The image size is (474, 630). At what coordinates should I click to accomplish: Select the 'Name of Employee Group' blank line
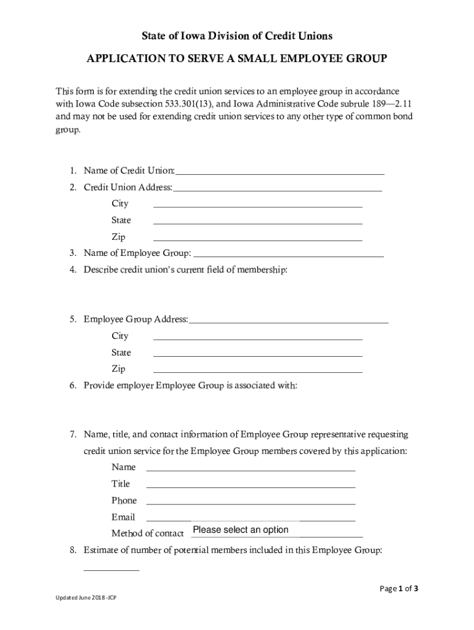[x=289, y=252]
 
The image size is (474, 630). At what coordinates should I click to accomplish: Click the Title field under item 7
[x=251, y=484]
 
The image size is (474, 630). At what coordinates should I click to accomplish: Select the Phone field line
[x=251, y=501]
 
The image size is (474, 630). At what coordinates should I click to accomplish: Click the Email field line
[x=251, y=517]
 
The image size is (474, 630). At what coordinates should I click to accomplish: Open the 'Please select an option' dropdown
[x=241, y=530]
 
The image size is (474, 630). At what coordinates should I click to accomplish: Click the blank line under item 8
[x=111, y=567]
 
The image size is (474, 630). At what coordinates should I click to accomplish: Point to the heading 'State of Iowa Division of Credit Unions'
[x=237, y=36]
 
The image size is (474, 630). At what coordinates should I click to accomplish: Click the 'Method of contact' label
[x=147, y=533]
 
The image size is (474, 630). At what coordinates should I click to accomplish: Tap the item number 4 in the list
[x=73, y=269]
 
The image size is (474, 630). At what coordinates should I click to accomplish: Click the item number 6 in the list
[x=73, y=386]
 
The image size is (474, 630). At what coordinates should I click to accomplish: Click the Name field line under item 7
[x=251, y=468]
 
